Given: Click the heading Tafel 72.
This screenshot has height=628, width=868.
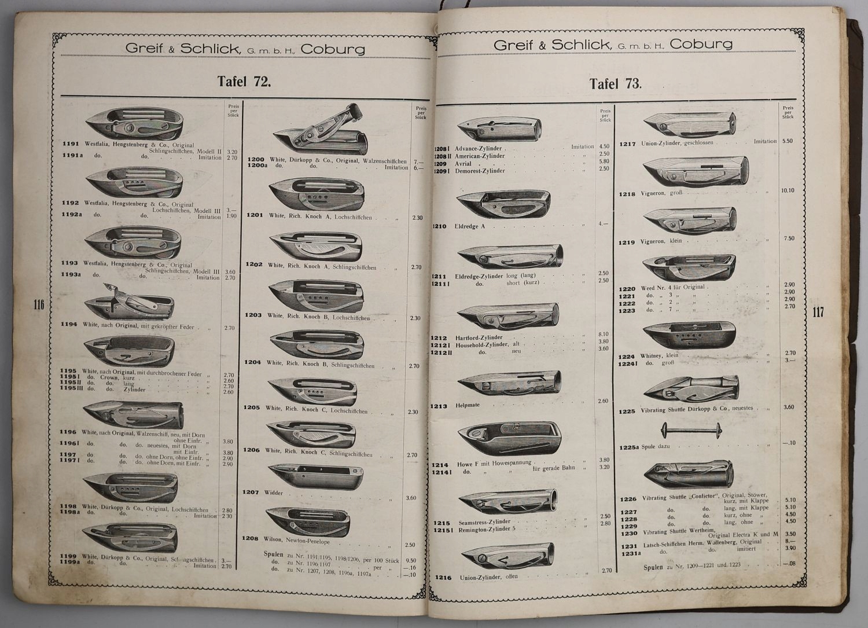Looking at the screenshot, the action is coord(244,81).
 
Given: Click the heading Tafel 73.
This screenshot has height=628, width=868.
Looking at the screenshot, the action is coord(616,83).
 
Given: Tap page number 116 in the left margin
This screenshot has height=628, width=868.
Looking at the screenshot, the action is coord(39,304).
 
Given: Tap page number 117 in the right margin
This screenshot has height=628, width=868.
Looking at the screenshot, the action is coord(818,313).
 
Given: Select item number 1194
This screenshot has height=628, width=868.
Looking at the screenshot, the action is coord(69,324).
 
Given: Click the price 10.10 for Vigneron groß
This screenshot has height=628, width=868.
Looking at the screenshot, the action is coord(788,190).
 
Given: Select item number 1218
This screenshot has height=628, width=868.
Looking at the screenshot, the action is coord(628,194).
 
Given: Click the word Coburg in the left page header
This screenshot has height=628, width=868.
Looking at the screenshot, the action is coord(333,49).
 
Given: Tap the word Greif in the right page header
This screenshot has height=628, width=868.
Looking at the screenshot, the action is coord(518,45).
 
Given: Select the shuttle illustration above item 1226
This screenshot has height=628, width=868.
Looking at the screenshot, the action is coord(689,475).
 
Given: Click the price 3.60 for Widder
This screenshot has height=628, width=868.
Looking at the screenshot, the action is coord(411,498).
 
